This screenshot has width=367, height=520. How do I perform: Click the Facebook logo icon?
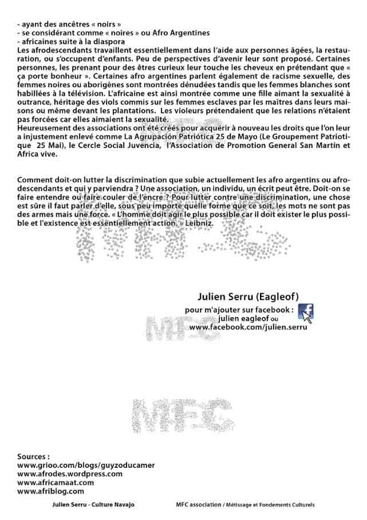306,312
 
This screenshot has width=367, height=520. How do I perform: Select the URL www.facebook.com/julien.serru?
248,327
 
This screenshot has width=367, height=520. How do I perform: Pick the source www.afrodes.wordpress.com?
70,474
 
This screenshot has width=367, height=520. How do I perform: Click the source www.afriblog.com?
51,491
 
